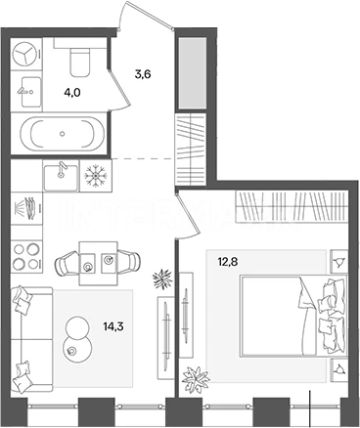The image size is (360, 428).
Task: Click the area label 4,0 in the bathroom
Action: point(72,93)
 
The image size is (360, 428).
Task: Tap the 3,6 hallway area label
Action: point(143,74)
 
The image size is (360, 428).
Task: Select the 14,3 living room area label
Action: point(113,326)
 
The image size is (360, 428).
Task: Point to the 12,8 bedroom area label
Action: point(228,262)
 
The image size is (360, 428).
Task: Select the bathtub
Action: point(63,134)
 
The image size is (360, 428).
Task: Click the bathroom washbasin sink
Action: point(31,92)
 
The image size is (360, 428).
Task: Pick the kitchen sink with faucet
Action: point(61,178)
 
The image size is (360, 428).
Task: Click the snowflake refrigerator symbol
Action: point(96,176)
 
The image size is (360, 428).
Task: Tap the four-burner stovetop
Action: point(26,256)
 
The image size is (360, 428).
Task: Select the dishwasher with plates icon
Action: point(26,208)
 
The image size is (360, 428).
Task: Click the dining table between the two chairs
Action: point(99,263)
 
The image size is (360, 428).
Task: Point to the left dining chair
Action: point(67,263)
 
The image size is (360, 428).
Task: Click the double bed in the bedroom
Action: point(293,316)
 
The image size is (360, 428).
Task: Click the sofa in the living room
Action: point(31,339)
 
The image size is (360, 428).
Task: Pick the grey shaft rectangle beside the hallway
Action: point(192,73)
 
